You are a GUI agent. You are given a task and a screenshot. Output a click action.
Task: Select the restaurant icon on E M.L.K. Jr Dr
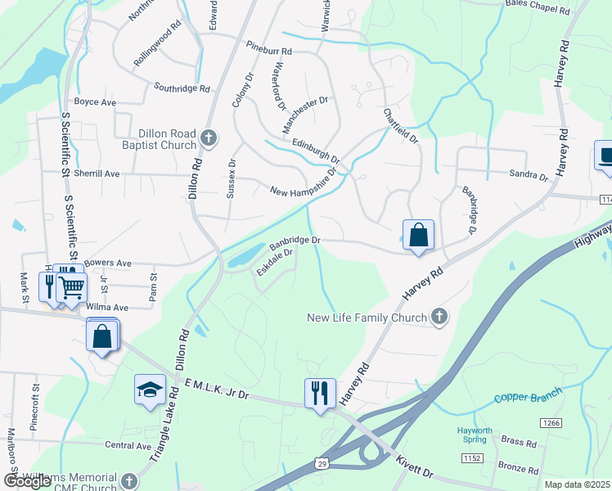[x=319, y=393]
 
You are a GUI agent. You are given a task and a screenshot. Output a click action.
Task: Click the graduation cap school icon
[x=150, y=390]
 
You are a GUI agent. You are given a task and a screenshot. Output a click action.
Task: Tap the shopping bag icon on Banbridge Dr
[x=418, y=236]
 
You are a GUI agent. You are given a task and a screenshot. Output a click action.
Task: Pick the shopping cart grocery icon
[x=72, y=286]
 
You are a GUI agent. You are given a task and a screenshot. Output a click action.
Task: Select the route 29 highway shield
[x=325, y=463]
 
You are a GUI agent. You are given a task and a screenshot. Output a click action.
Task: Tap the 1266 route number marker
[x=550, y=423]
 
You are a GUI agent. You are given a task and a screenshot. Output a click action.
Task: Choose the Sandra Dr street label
[x=528, y=176]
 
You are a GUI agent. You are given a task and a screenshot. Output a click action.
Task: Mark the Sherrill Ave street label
[x=97, y=174]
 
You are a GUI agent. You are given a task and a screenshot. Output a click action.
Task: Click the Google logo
[x=28, y=481]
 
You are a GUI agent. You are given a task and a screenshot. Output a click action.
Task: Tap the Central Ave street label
[x=128, y=446]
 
